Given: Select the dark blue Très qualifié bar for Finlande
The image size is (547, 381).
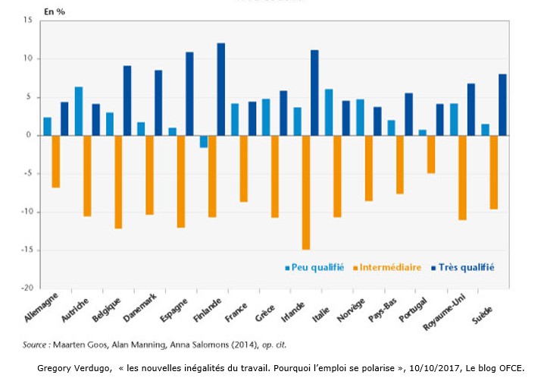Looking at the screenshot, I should coord(221,89).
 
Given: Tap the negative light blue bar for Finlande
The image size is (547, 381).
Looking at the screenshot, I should coord(203,141).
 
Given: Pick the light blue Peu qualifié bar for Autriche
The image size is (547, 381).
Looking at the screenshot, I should coord(79,111).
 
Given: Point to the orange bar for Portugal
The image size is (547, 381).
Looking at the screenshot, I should coord(431,154).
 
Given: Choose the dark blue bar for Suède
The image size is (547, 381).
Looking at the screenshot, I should coord(502,105).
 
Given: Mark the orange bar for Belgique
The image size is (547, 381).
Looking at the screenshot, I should coord(119,181).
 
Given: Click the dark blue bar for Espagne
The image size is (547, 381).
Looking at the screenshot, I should coord(189,93).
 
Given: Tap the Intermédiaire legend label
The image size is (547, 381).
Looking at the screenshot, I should coord(391,267).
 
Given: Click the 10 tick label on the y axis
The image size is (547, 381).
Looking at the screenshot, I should coord(27,58).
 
